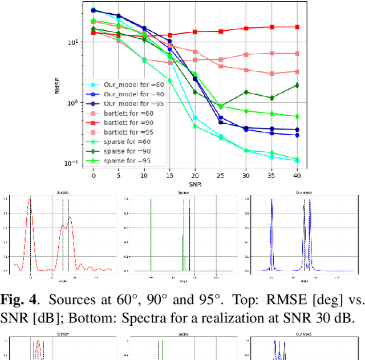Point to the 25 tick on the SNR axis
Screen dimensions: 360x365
221,176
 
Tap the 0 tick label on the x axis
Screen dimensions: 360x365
94,176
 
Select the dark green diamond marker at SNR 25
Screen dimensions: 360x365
221,106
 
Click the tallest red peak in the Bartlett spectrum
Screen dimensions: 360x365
30,201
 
